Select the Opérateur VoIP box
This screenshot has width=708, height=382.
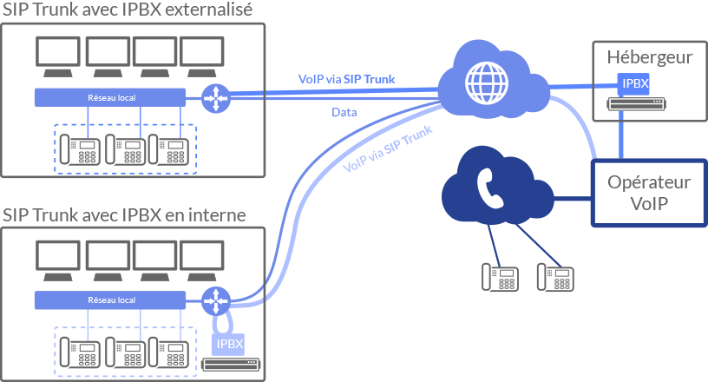tap(649, 193)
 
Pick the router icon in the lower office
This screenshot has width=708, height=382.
tap(214, 301)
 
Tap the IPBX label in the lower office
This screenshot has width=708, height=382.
tap(229, 344)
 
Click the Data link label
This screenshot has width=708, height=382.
tap(344, 113)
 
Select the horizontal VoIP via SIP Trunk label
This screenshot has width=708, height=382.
tap(346, 80)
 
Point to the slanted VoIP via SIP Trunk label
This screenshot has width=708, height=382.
tap(388, 148)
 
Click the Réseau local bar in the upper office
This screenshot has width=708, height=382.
tap(111, 97)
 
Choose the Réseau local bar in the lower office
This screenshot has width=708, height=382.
tap(111, 300)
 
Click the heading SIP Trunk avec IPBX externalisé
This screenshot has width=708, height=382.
tap(128, 10)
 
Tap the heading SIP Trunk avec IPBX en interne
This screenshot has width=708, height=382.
tap(124, 214)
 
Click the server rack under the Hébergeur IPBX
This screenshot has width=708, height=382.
tap(635, 104)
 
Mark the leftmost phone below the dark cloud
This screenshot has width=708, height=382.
tap(501, 277)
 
